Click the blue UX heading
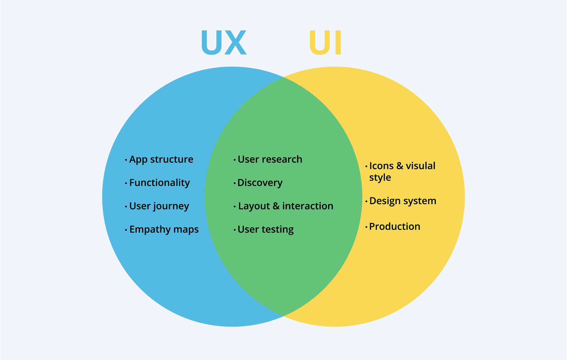(x=224, y=43)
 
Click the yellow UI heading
(x=325, y=43)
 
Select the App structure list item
(x=161, y=159)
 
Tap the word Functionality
(x=159, y=183)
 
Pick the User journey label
(x=159, y=206)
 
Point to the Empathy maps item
(x=164, y=229)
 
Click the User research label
(x=270, y=159)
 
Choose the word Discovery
(x=260, y=183)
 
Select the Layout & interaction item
(x=286, y=206)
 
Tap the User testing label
(x=265, y=229)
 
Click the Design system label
(x=403, y=201)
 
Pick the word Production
(x=395, y=227)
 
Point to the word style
(x=380, y=178)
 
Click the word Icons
(x=381, y=166)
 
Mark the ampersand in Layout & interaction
(x=276, y=206)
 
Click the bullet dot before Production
(x=366, y=227)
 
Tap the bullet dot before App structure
(x=126, y=160)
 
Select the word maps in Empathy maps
(x=186, y=229)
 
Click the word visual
(x=421, y=166)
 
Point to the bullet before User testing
(x=234, y=230)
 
